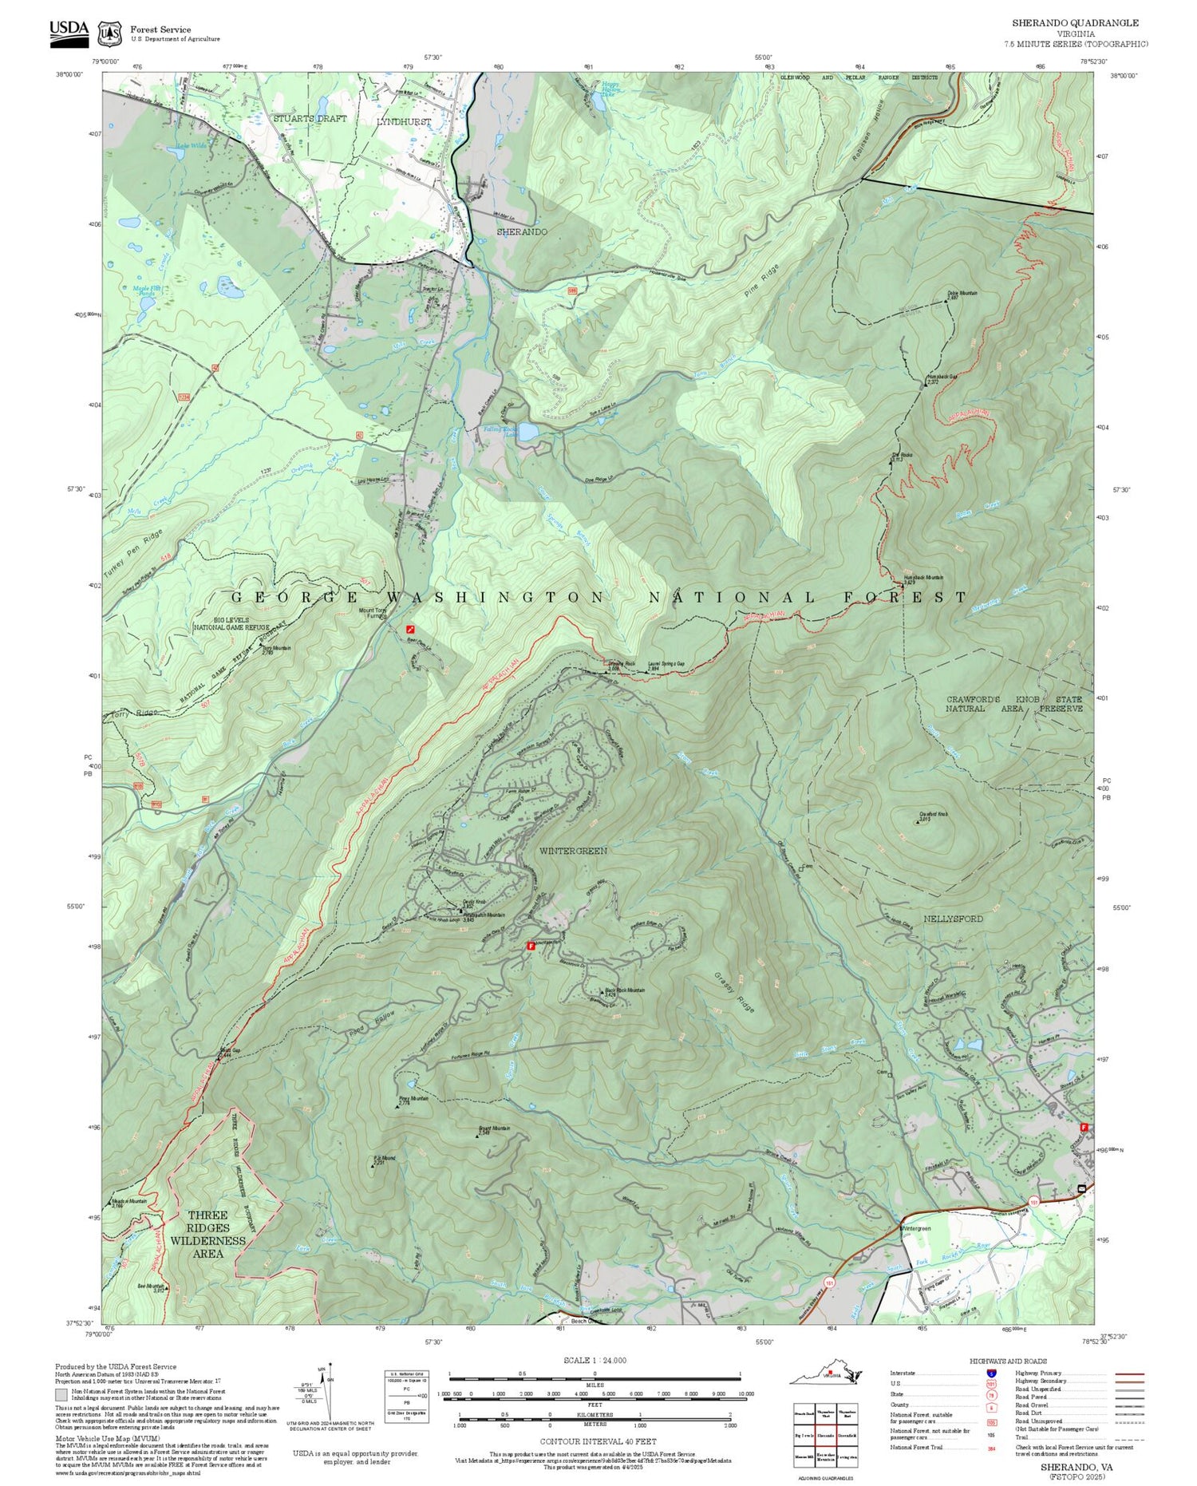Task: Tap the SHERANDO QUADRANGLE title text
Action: (x=1075, y=23)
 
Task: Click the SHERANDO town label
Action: (x=522, y=231)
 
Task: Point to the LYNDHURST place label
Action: (x=404, y=122)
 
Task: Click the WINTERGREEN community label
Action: (x=573, y=851)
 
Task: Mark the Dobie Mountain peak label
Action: (x=962, y=294)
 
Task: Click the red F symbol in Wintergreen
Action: (x=531, y=946)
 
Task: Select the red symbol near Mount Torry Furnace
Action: (x=410, y=630)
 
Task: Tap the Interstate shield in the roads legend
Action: (x=991, y=1373)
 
